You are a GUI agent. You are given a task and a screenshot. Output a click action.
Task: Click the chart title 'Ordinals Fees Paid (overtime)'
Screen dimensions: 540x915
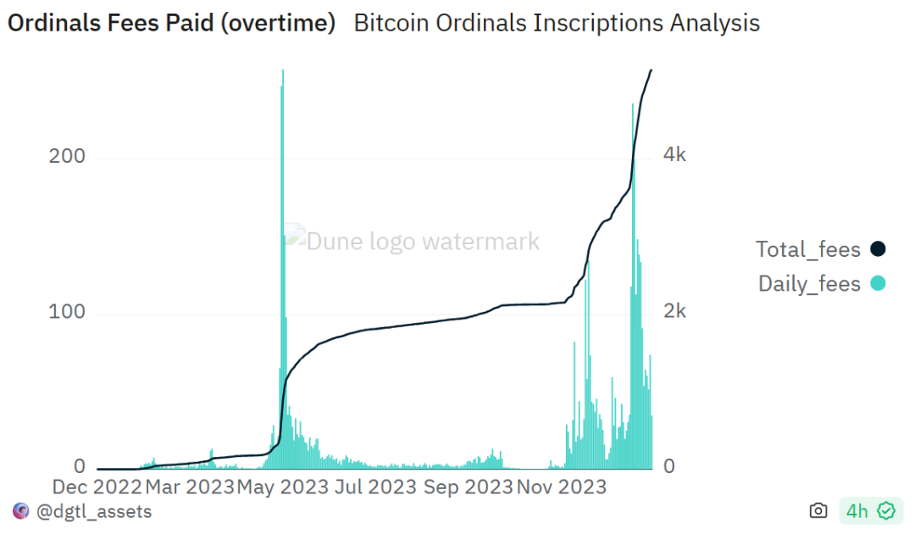(172, 24)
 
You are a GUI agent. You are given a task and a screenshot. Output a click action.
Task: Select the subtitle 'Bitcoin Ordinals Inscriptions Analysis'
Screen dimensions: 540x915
(557, 24)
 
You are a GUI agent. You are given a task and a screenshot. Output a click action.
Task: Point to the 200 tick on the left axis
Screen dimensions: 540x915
(68, 157)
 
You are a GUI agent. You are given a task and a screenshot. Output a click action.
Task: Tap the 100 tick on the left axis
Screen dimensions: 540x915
(68, 312)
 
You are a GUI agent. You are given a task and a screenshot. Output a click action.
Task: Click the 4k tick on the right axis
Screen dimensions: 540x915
(674, 155)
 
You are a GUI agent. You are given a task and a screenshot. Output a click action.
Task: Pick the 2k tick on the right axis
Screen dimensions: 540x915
(674, 311)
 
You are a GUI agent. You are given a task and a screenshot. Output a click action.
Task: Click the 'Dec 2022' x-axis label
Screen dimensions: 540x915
(96, 487)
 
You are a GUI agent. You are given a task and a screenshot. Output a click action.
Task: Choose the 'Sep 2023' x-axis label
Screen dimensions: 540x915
(468, 487)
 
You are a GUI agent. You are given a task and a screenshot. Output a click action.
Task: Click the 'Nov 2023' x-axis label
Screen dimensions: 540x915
(561, 487)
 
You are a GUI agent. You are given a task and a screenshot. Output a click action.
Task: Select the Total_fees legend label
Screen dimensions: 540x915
(808, 249)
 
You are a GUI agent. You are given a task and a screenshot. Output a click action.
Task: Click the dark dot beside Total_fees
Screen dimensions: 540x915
(878, 249)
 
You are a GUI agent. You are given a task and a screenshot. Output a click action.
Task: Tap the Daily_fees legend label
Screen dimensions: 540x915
(809, 284)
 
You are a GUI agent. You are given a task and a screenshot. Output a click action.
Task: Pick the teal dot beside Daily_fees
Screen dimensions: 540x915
(878, 284)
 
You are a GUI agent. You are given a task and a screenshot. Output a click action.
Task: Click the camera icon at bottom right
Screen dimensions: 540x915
(818, 511)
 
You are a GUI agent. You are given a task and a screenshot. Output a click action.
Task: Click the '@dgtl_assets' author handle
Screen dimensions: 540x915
(93, 511)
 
